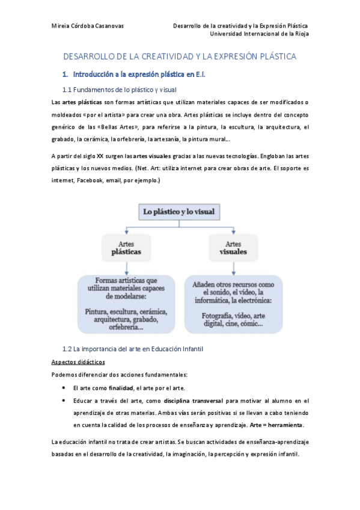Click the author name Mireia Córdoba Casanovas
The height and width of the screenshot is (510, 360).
point(91,26)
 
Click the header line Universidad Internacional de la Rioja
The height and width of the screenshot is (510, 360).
point(258,34)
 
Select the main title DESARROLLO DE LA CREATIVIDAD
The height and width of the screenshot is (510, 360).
point(180,57)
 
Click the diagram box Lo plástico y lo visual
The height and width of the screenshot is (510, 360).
point(180,212)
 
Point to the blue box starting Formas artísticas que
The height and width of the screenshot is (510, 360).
point(126,304)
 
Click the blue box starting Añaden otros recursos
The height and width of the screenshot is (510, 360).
point(233,304)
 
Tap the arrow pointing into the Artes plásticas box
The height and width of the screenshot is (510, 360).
point(126,232)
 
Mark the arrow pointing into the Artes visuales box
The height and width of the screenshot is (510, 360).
point(233,232)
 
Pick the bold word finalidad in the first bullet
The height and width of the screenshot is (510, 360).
point(121,388)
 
